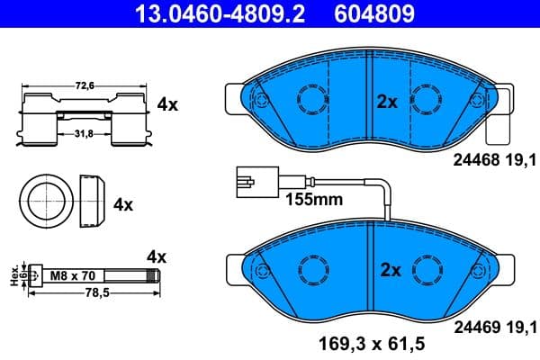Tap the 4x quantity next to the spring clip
pyautogui.click(x=167, y=104)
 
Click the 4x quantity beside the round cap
pyautogui.click(x=123, y=204)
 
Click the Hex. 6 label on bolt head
pyautogui.click(x=13, y=274)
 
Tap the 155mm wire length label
pyautogui.click(x=314, y=200)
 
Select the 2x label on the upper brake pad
pyautogui.click(x=387, y=102)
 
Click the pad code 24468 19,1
pyautogui.click(x=487, y=159)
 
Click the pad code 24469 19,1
pyautogui.click(x=487, y=326)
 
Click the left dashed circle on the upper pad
pyautogui.click(x=312, y=99)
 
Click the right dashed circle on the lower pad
pyautogui.click(x=426, y=268)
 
